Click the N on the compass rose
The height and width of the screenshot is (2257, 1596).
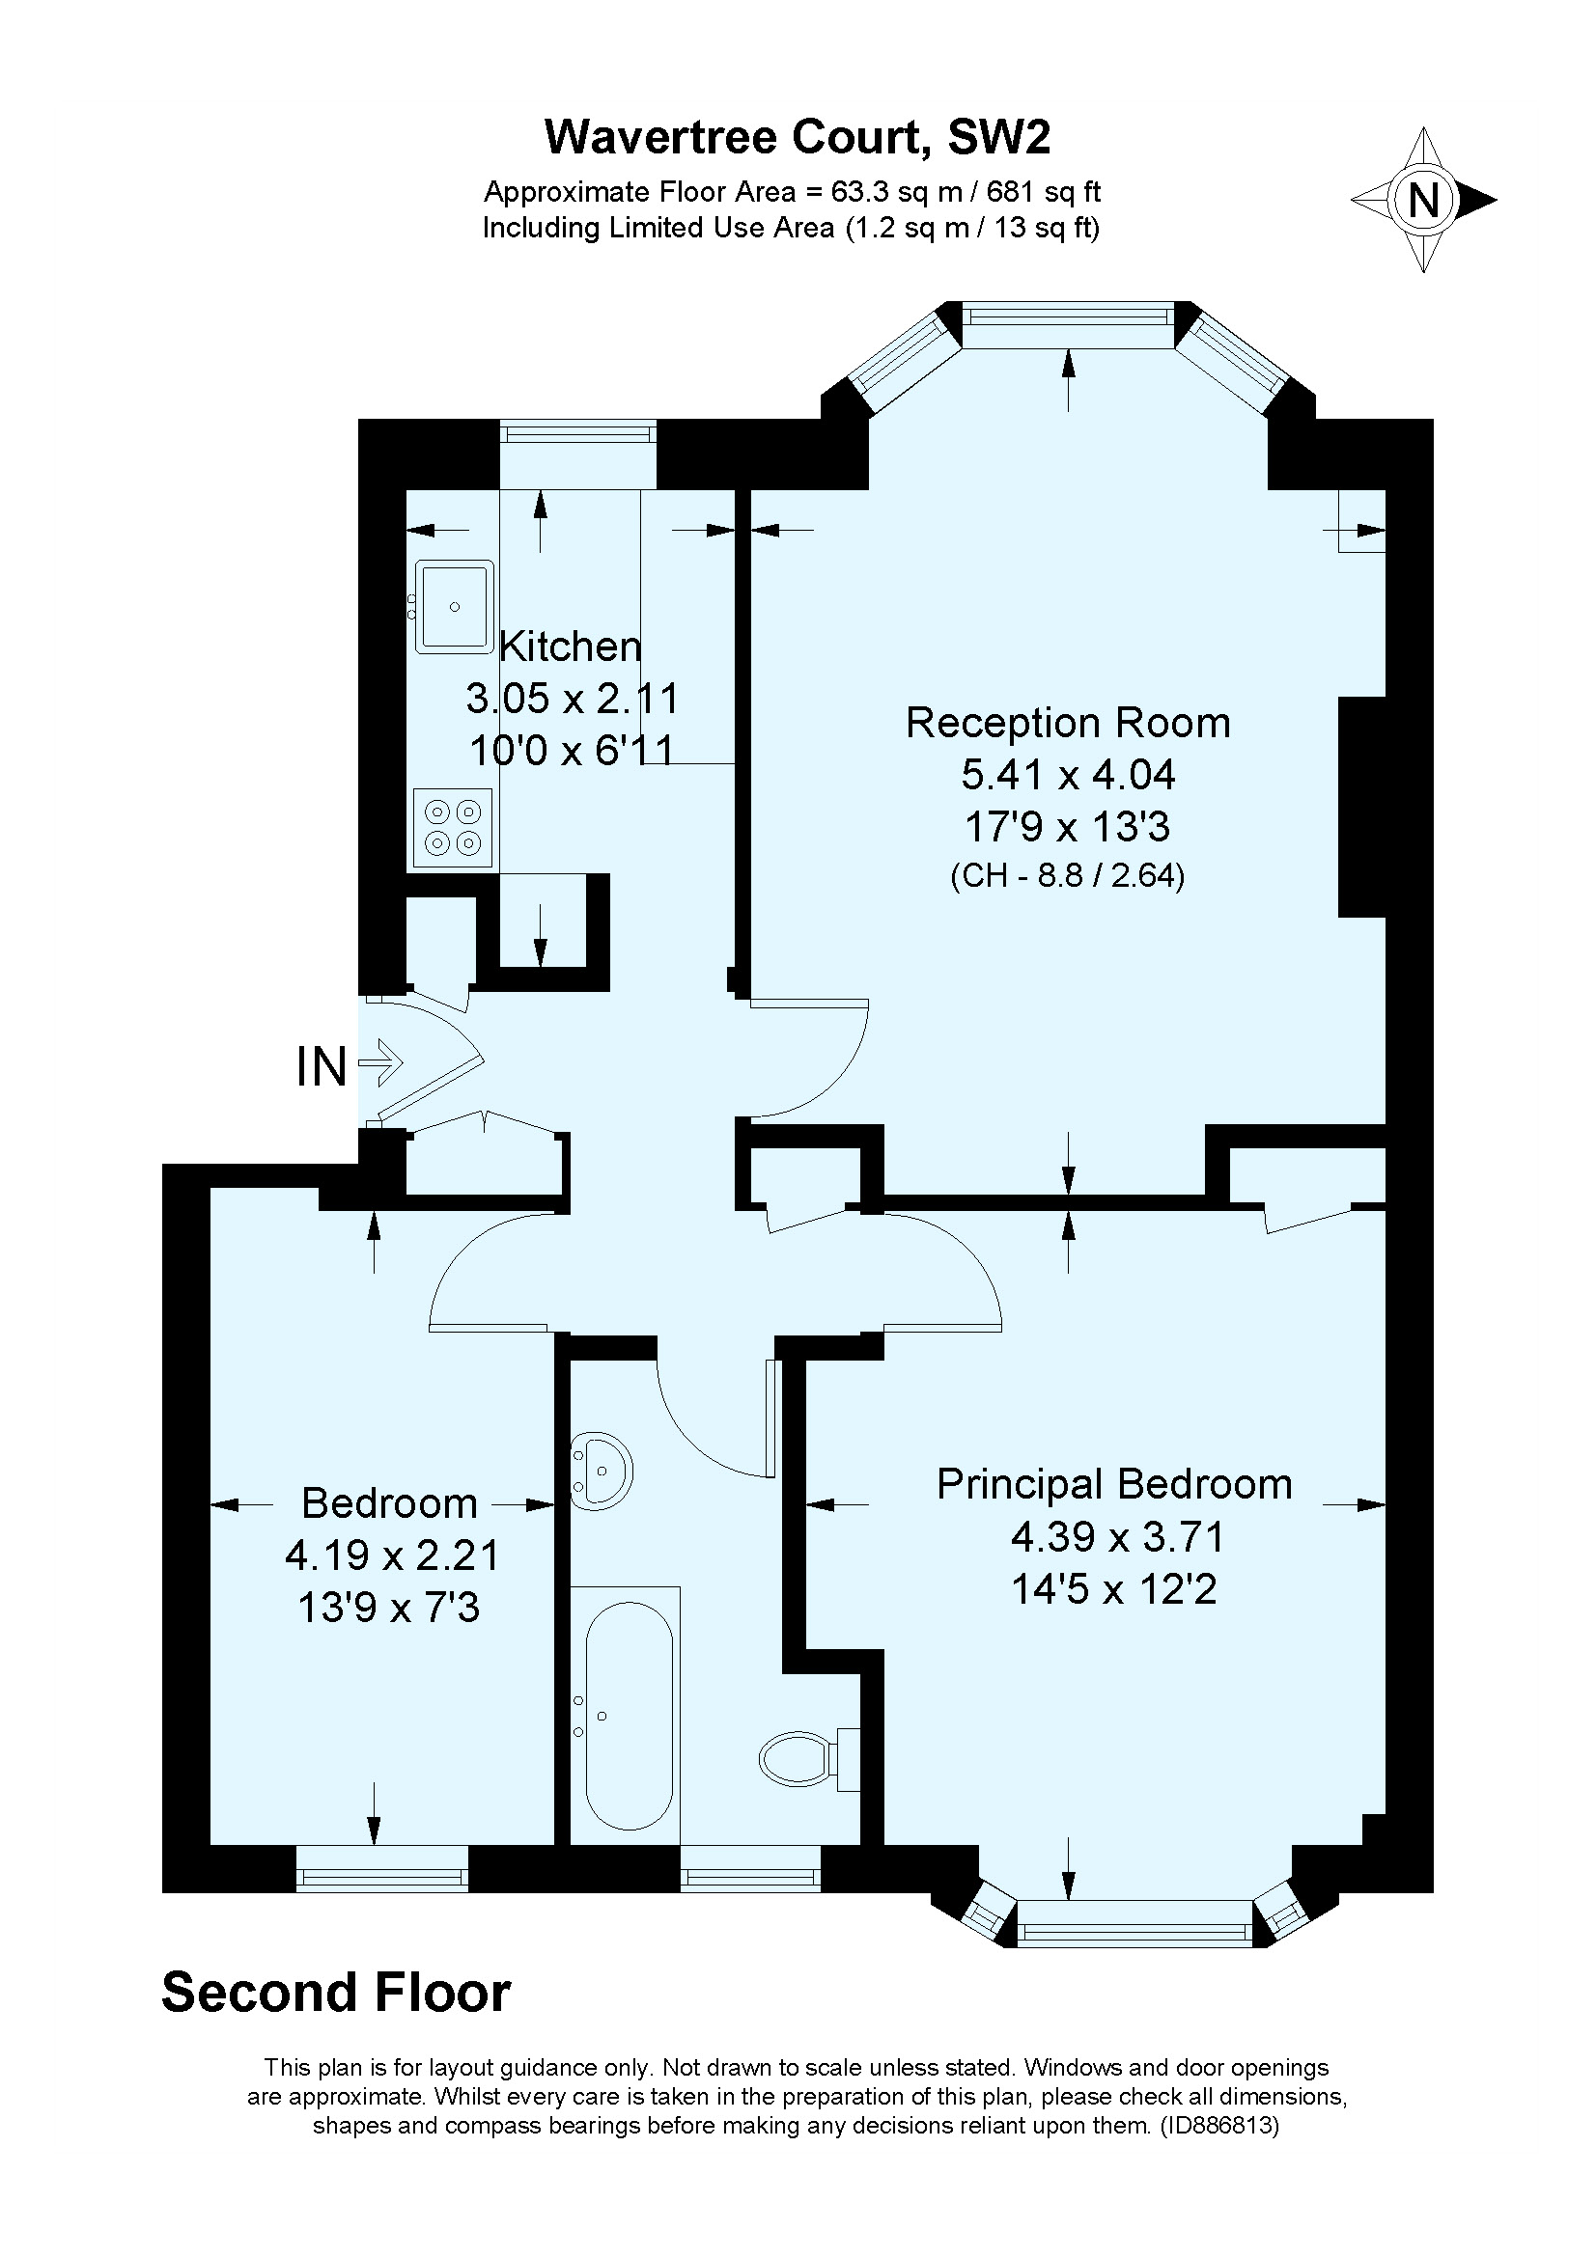coord(1423,201)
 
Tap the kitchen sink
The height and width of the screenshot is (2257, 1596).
coord(455,607)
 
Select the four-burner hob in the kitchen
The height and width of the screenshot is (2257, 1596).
coord(454,828)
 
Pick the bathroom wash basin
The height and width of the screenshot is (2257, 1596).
coord(602,1472)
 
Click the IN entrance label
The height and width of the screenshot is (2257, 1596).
coord(322,1066)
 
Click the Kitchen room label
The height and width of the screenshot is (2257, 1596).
coord(571,647)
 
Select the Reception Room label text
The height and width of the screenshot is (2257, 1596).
coord(1068,723)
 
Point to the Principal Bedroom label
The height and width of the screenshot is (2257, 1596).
coord(1114,1483)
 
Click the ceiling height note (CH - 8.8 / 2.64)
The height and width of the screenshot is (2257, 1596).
coord(1068,875)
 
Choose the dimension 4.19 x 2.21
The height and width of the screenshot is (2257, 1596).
coord(392,1555)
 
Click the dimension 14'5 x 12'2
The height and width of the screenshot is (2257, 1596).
coord(1114,1588)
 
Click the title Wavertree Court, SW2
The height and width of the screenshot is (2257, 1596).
coord(798,137)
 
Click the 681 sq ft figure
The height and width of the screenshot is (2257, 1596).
coord(1045,191)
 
